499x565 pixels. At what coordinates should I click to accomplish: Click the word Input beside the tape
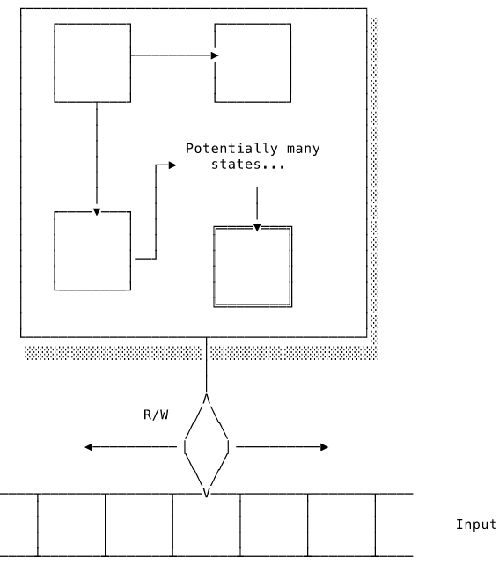tap(476, 525)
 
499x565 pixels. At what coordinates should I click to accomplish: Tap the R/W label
tap(156, 415)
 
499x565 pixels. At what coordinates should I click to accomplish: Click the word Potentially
tap(231, 149)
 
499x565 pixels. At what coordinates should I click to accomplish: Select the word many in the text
tap(304, 149)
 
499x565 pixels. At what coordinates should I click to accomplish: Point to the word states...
tap(236, 165)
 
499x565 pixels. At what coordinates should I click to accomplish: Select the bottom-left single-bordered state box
tap(55, 251)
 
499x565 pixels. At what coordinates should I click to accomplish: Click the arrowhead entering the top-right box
tap(215, 55)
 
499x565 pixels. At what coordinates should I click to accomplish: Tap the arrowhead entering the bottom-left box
tap(97, 212)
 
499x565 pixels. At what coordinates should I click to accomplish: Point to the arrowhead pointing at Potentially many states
tap(172, 165)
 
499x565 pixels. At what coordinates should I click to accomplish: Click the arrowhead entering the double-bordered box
tap(257, 228)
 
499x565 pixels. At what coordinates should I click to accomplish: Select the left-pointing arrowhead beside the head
tap(88, 447)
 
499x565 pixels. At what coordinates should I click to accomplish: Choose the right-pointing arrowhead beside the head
tap(324, 447)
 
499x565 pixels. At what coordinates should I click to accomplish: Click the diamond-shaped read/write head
tap(185, 447)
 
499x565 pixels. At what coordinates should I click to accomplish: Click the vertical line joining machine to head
tap(207, 364)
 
